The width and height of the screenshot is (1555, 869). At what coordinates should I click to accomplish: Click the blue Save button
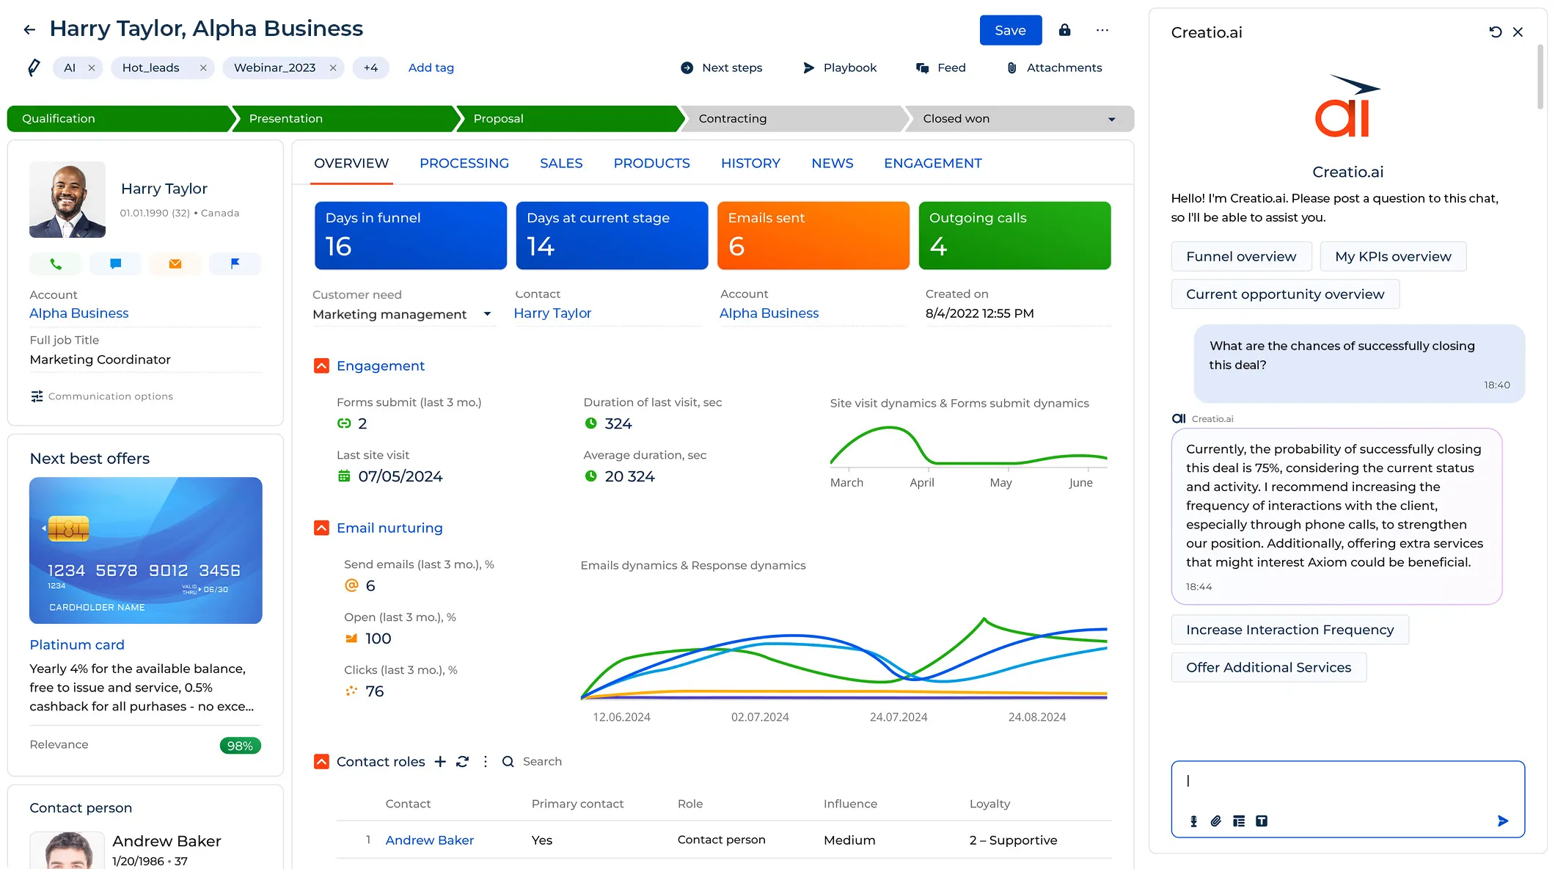pos(1010,30)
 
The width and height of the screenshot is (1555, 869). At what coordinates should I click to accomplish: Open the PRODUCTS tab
pos(651,163)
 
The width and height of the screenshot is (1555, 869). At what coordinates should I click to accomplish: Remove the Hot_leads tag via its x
pos(203,68)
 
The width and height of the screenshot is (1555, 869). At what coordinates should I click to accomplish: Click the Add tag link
pos(431,68)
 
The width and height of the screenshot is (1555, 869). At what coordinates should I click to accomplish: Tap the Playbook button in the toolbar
pos(840,68)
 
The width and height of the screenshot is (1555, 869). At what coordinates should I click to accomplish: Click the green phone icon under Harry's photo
pos(56,263)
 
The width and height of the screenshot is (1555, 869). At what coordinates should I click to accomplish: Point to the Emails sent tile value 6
pos(736,247)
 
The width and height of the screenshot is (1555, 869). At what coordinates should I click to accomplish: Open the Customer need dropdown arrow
pos(487,314)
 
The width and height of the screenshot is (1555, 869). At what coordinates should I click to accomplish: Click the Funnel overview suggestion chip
pos(1240,257)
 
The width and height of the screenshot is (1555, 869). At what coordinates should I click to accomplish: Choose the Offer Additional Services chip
pos(1267,667)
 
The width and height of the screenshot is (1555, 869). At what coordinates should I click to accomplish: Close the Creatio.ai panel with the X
pos(1518,32)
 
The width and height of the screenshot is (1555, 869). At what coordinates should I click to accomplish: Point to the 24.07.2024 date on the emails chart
pos(898,717)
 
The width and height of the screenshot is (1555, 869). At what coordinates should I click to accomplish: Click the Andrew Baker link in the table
pos(429,840)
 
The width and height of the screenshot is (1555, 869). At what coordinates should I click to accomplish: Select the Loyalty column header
pos(989,804)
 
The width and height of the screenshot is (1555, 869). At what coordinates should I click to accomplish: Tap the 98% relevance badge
pos(240,746)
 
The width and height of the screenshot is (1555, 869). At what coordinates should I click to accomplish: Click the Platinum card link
pos(77,644)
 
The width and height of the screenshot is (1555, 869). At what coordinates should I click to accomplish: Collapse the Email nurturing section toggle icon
pos(321,528)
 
